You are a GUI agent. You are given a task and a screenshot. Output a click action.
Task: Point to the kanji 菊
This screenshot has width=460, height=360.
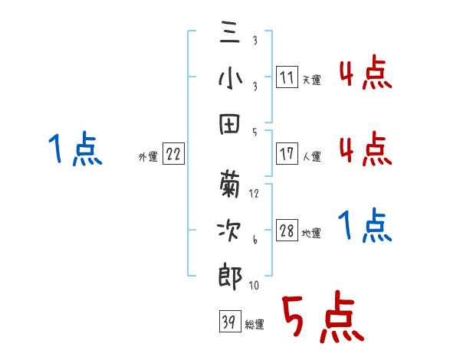pos(230,182)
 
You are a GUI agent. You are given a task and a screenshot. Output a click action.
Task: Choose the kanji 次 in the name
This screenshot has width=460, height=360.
pos(230,230)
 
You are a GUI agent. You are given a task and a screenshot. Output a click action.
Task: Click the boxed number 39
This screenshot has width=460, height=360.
pos(228,322)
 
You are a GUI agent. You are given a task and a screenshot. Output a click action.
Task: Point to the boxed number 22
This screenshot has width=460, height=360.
pos(173,155)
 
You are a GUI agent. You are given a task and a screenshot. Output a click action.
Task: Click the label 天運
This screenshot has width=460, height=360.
pos(311,80)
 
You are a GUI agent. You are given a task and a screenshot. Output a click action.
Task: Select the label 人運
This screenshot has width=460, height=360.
pos(311,156)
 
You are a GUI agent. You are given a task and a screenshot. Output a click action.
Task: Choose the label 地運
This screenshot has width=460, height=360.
pos(311,234)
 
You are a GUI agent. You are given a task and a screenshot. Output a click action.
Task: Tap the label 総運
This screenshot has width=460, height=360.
pos(254,325)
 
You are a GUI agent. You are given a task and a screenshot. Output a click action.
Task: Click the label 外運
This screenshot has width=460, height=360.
pos(148,157)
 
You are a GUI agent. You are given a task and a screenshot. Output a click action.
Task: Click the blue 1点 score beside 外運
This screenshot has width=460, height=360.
pos(74,149)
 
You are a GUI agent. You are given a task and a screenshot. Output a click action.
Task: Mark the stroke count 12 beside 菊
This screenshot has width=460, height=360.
pos(255,194)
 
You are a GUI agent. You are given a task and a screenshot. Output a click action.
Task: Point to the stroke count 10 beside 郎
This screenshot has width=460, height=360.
pos(254,286)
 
